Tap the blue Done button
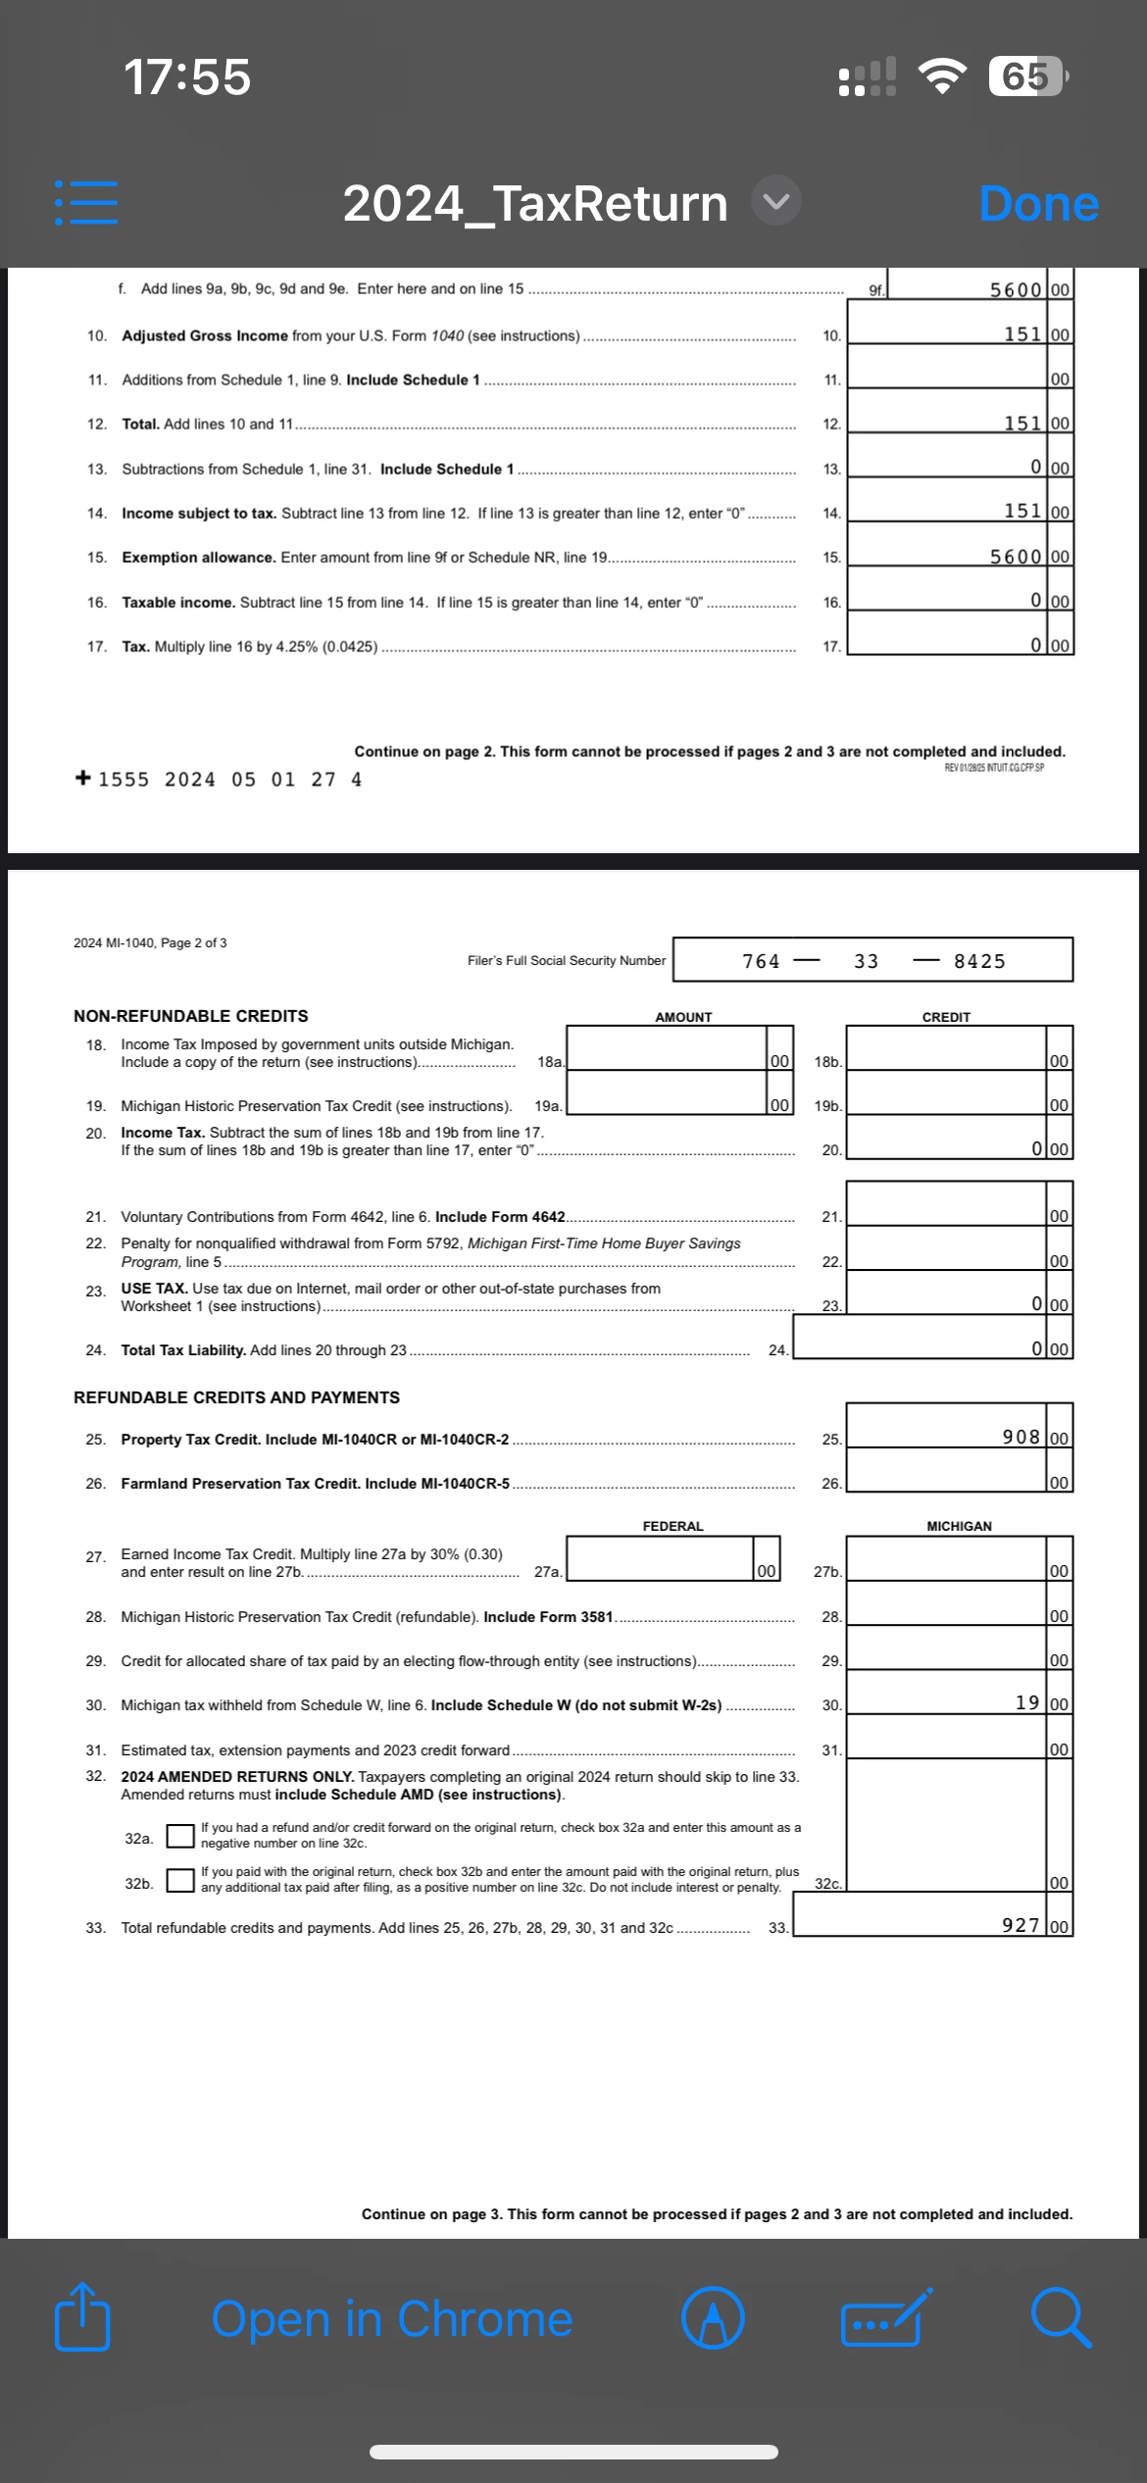1038,204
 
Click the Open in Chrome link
392,2319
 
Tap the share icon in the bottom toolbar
82,2316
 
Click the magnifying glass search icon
1060,2318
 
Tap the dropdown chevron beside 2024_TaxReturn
776,202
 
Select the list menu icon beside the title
86,202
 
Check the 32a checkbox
179,1836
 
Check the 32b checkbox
179,1880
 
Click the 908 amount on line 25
1021,1437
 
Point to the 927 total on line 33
1021,1925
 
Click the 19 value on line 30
1027,1702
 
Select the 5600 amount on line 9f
1015,289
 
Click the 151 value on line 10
1022,334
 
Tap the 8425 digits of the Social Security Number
979,961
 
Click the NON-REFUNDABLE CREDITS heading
191,1016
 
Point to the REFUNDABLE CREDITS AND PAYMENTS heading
236,1397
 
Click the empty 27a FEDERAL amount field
659,1558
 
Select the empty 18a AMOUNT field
667,1048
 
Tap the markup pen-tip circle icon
713,2318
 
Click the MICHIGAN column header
959,1526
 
